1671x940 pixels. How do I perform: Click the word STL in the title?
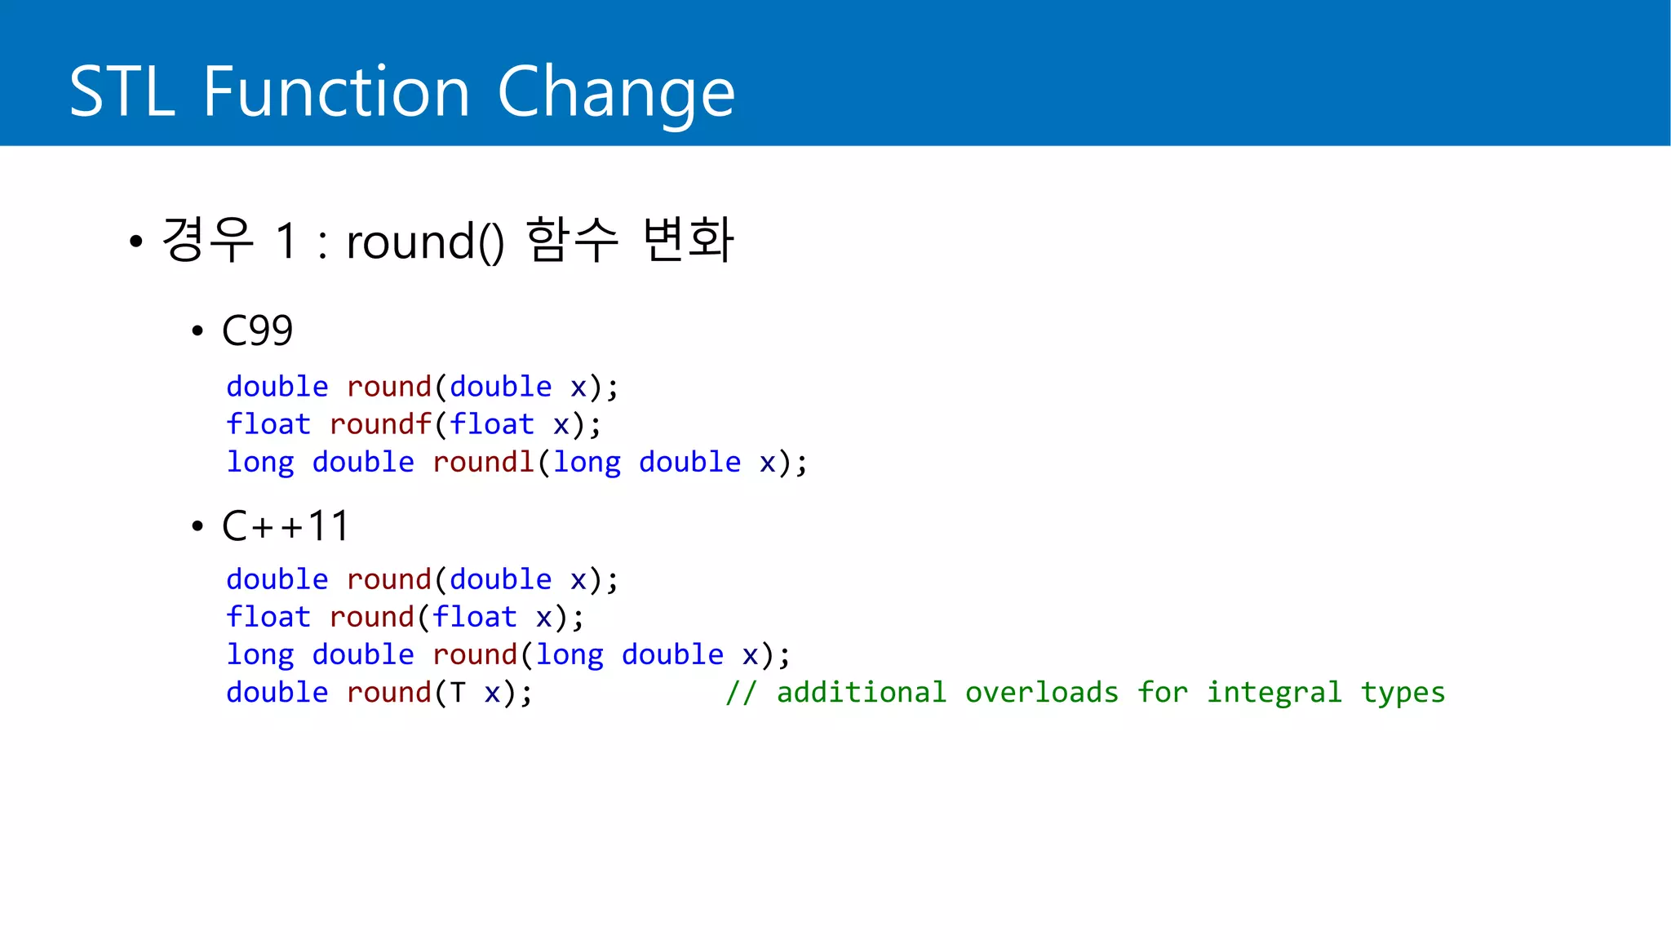coord(122,91)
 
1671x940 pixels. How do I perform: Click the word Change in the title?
coord(616,91)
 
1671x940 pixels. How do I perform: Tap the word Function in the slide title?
coord(336,91)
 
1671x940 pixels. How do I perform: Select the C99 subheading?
coord(257,330)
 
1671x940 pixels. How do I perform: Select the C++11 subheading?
coord(286,525)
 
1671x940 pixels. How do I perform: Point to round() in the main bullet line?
coord(425,242)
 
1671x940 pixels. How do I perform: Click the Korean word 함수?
coord(572,240)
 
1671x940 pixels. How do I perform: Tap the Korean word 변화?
coord(688,240)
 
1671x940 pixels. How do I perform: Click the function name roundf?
coord(380,424)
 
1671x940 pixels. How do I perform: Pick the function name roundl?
coord(483,462)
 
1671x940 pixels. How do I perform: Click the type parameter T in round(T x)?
coord(458,693)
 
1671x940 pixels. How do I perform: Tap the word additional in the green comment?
coord(861,692)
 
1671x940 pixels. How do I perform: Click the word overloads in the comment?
coord(1041,692)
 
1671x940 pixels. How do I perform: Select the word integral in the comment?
coord(1274,692)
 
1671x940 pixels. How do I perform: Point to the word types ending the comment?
coord(1403,694)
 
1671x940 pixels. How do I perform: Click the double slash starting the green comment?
coord(741,692)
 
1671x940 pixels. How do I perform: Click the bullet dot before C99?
coord(197,331)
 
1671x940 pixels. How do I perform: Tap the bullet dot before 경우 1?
coord(136,242)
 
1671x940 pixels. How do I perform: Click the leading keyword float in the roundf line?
coord(268,424)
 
